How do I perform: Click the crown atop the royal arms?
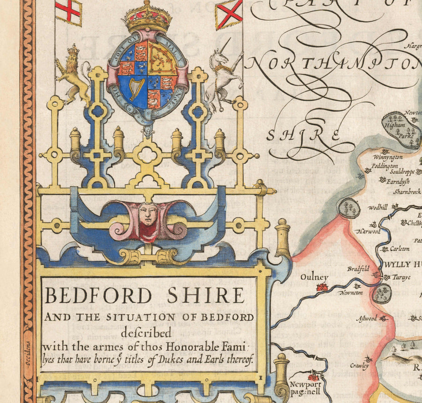click(x=147, y=17)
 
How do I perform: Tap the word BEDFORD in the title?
click(x=98, y=296)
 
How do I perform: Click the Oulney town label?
click(x=314, y=278)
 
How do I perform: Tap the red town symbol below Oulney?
click(x=322, y=287)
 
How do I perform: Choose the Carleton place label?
click(x=399, y=248)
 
